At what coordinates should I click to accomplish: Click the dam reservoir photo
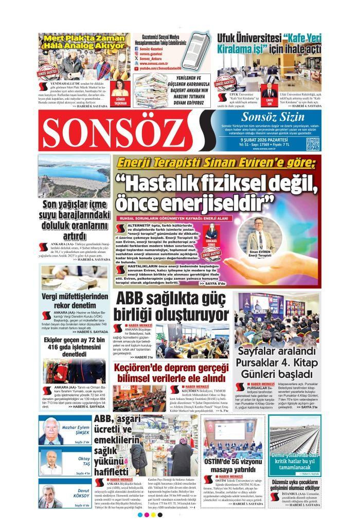tap(74, 176)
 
